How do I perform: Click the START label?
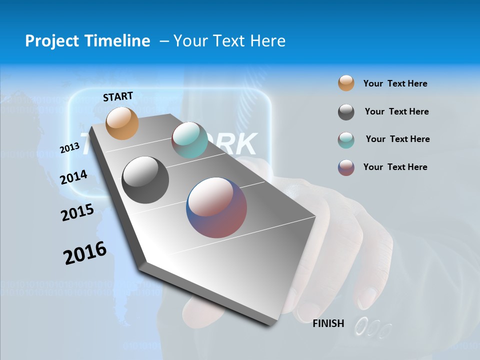click(x=118, y=96)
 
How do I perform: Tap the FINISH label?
click(x=328, y=323)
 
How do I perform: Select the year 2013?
click(x=69, y=147)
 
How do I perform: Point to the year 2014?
click(x=73, y=177)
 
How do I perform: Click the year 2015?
click(x=77, y=212)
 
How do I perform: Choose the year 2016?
click(x=85, y=252)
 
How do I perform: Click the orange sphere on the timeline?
click(x=122, y=123)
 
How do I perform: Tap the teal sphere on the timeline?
click(x=189, y=140)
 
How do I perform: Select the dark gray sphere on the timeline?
click(x=145, y=180)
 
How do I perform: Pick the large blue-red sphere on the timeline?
click(x=216, y=207)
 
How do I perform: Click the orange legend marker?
click(x=346, y=83)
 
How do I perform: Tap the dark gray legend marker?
click(x=346, y=112)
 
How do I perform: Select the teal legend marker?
click(x=346, y=140)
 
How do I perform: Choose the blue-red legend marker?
click(x=346, y=167)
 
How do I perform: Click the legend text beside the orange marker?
click(x=395, y=83)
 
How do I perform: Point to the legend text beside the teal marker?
click(x=397, y=139)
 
